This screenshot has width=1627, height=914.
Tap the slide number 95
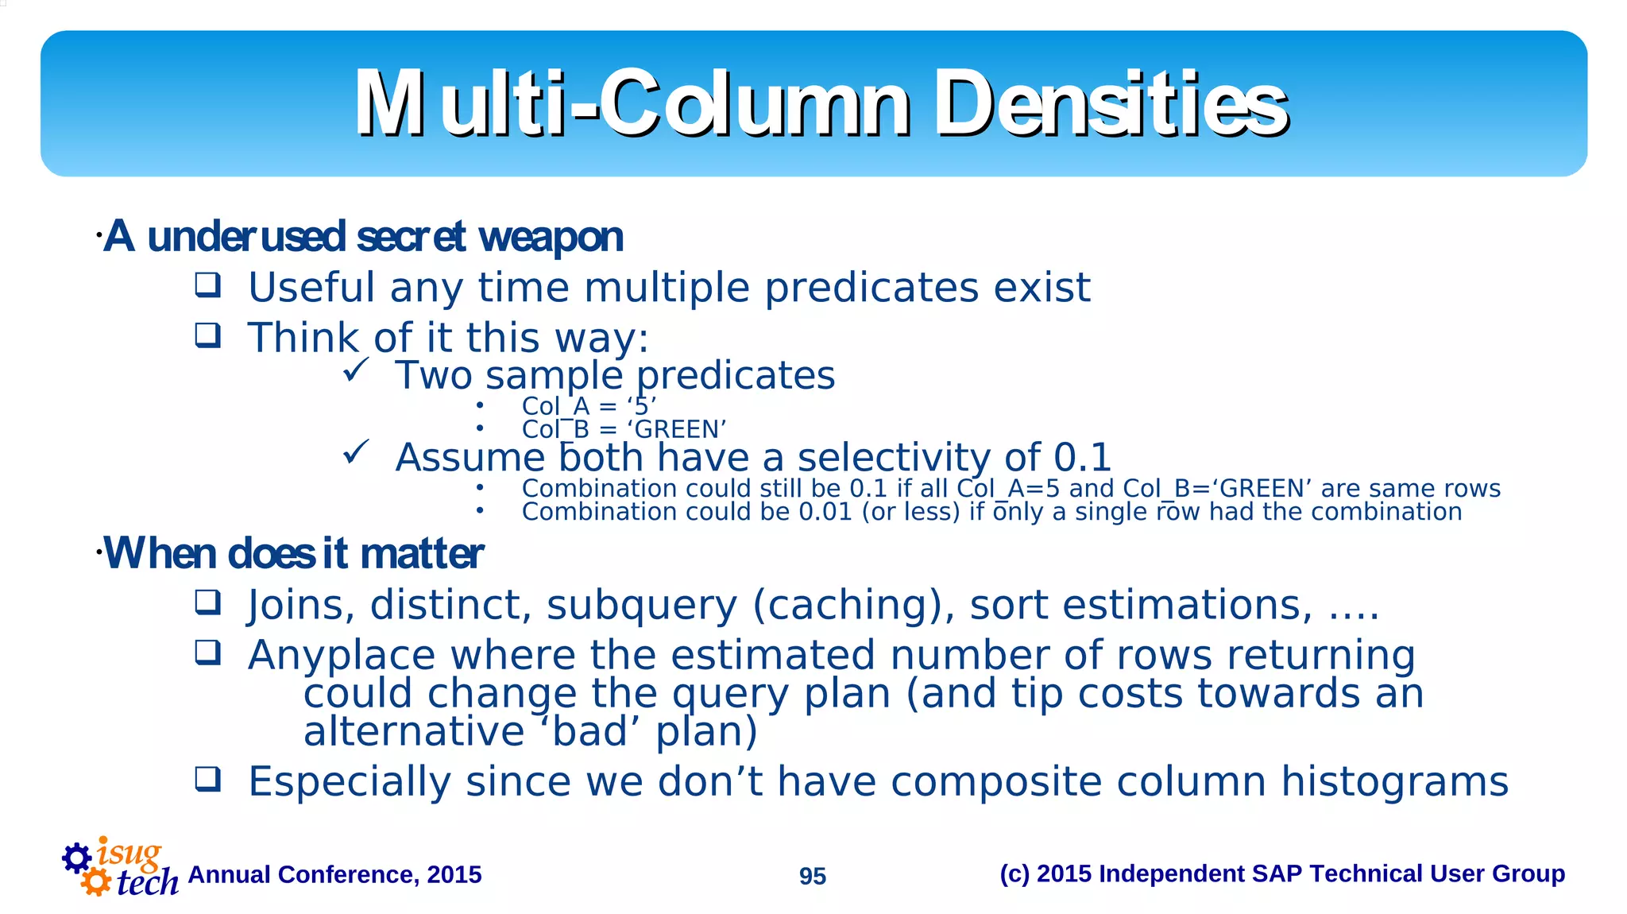pyautogui.click(x=812, y=876)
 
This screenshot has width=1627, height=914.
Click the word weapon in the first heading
pyautogui.click(x=551, y=238)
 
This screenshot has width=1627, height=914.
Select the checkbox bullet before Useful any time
pyautogui.click(x=208, y=285)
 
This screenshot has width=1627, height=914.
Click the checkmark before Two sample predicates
pyautogui.click(x=357, y=370)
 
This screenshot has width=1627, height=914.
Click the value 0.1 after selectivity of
pyautogui.click(x=1081, y=458)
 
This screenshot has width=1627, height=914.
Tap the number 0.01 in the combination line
pyautogui.click(x=825, y=512)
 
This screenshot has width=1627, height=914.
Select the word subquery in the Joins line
pyautogui.click(x=641, y=606)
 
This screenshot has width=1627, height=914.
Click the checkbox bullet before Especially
pyautogui.click(x=208, y=780)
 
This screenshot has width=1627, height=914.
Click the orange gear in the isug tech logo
pyautogui.click(x=96, y=881)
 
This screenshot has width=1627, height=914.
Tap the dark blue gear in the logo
pyautogui.click(x=77, y=858)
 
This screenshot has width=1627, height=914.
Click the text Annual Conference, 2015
pyautogui.click(x=334, y=875)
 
